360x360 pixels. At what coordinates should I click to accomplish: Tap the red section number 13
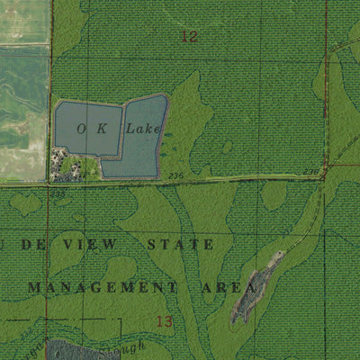pos(163,321)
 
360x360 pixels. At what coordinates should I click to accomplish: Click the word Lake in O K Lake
pos(142,129)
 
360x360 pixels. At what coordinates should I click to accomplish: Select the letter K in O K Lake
pos(103,129)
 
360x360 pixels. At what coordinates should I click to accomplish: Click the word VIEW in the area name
pos(95,245)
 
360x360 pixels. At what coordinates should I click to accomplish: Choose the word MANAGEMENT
pos(102,287)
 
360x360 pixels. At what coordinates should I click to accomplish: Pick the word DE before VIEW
pos(32,245)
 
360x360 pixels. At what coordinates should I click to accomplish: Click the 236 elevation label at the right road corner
pos(310,171)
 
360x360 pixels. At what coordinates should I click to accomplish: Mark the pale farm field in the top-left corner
pos(22,22)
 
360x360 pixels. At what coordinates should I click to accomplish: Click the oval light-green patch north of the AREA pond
pos(274,196)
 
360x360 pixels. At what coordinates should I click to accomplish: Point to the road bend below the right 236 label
pos(321,179)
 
